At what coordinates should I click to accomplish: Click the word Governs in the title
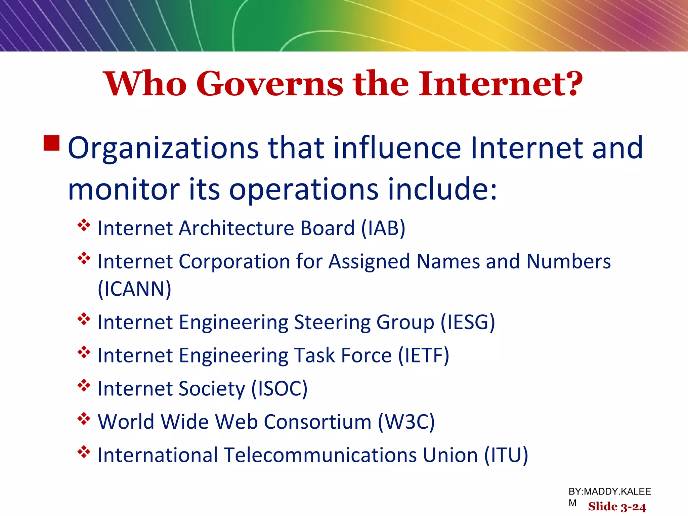click(x=269, y=84)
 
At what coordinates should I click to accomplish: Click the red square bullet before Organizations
click(x=52, y=143)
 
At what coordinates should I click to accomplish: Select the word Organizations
click(x=163, y=148)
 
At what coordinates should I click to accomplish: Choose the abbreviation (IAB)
click(x=383, y=228)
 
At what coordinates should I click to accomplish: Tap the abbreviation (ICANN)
click(x=134, y=289)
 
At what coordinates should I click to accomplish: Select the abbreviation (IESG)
click(x=468, y=322)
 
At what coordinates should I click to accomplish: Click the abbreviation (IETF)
click(x=424, y=355)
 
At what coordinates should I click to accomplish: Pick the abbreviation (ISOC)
click(x=279, y=389)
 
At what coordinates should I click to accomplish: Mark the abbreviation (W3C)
click(x=406, y=422)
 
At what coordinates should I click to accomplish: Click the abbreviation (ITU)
click(x=506, y=455)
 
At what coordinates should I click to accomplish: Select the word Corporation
click(x=234, y=262)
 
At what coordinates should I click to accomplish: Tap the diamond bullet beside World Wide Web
click(x=84, y=419)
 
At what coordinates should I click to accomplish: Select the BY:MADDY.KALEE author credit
click(x=609, y=492)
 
